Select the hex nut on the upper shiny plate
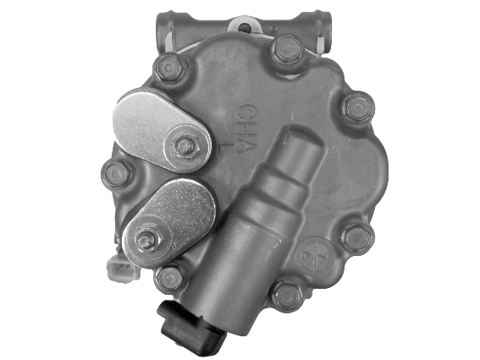185,145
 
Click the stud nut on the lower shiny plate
146,241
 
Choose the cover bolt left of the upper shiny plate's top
169,67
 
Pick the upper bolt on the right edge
358,107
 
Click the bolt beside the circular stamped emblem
288,295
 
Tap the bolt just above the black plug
171,278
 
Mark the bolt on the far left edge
116,174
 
